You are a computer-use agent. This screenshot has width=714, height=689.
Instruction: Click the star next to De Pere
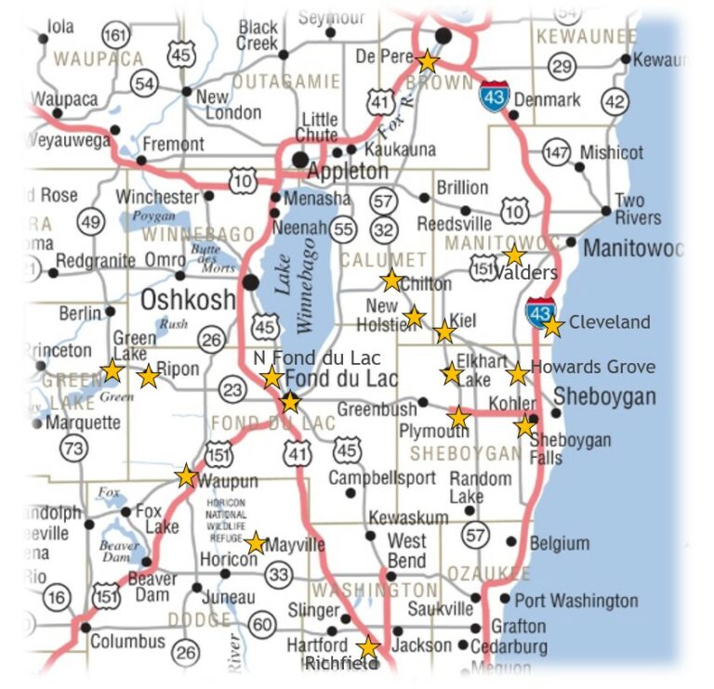click(427, 61)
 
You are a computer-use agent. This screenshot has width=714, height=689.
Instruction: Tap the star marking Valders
click(514, 255)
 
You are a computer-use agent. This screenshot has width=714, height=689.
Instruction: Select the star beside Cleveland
click(552, 326)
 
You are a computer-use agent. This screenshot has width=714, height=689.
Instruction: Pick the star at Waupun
click(186, 476)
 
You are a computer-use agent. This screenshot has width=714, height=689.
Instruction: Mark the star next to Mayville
click(255, 542)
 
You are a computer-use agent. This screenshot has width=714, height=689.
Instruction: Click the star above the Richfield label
click(369, 647)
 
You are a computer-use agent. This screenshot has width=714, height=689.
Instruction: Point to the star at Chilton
click(391, 279)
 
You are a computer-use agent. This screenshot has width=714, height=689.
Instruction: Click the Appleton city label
click(348, 171)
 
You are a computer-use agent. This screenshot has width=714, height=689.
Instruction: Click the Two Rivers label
click(638, 209)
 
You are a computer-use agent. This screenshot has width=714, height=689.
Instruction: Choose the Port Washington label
click(575, 601)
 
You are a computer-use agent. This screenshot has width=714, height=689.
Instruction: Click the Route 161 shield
click(116, 36)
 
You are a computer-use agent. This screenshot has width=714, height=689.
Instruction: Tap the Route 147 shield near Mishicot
click(556, 153)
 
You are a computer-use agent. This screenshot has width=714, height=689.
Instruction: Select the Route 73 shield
click(73, 448)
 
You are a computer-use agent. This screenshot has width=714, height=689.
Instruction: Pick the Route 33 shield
click(278, 575)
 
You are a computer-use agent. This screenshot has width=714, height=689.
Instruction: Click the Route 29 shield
click(562, 66)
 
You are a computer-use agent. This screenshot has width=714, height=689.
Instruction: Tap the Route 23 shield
click(232, 389)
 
